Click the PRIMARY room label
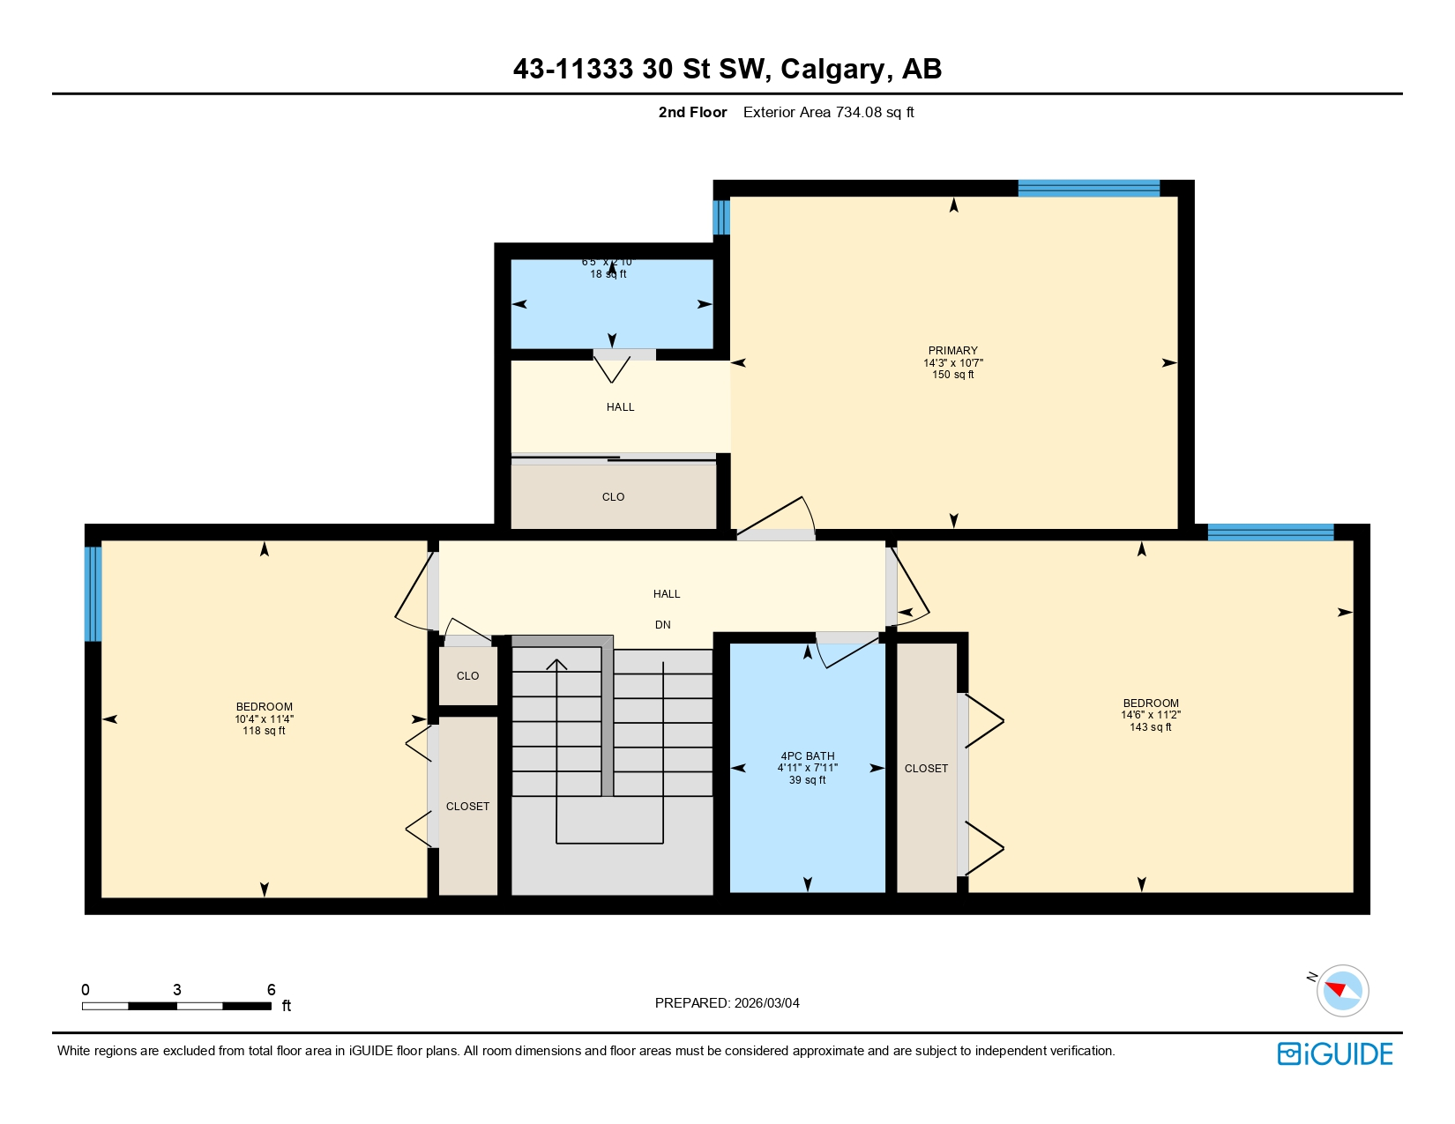(952, 350)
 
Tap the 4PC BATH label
(807, 756)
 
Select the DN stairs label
(662, 624)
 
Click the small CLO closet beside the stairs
(467, 675)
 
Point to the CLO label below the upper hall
(613, 496)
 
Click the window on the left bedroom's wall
(93, 593)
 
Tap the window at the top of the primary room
(1088, 188)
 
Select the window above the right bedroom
(1270, 532)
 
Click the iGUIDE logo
(1335, 1053)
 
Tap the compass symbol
(1342, 990)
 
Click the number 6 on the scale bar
(272, 989)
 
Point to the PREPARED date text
(727, 1002)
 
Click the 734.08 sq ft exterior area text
(828, 112)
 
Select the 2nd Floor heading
(692, 112)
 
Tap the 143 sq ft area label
(1150, 726)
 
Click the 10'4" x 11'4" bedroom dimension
(264, 718)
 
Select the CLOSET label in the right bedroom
(926, 768)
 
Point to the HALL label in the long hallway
(667, 593)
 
